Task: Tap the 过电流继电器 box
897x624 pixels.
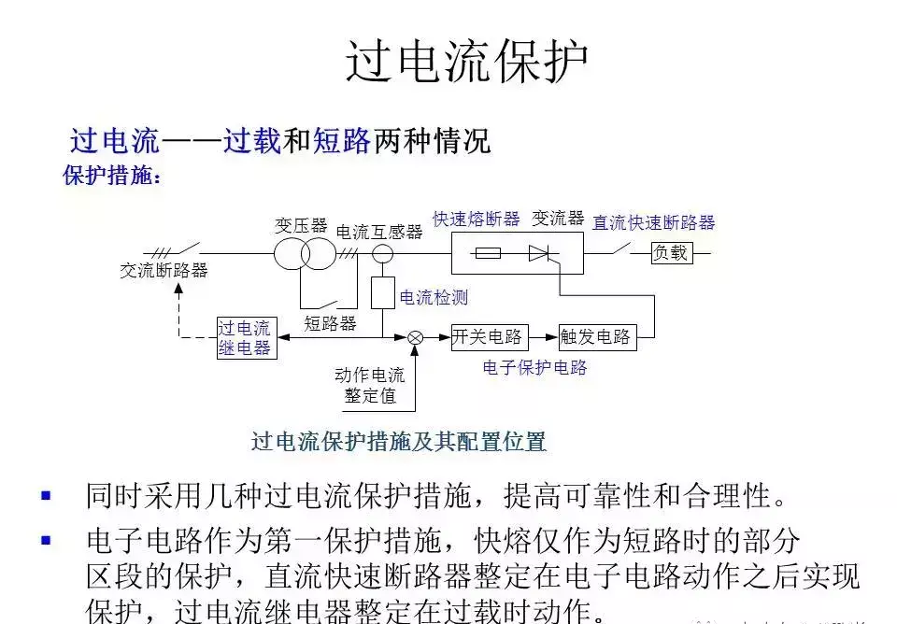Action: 245,337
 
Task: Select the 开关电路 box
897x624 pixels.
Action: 487,337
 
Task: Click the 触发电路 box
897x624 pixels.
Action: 596,337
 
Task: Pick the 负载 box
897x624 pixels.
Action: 671,252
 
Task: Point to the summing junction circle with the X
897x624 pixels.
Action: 416,337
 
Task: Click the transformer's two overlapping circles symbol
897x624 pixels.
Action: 304,253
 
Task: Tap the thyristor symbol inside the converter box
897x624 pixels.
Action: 539,252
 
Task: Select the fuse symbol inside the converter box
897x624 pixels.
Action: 488,252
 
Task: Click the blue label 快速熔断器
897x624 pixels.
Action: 476,220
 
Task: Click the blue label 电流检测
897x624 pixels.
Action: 434,298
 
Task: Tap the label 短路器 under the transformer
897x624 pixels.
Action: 330,323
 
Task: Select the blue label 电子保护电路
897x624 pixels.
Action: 534,368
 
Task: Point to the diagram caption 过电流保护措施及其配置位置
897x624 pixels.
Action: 398,441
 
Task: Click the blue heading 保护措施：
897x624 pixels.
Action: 112,176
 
